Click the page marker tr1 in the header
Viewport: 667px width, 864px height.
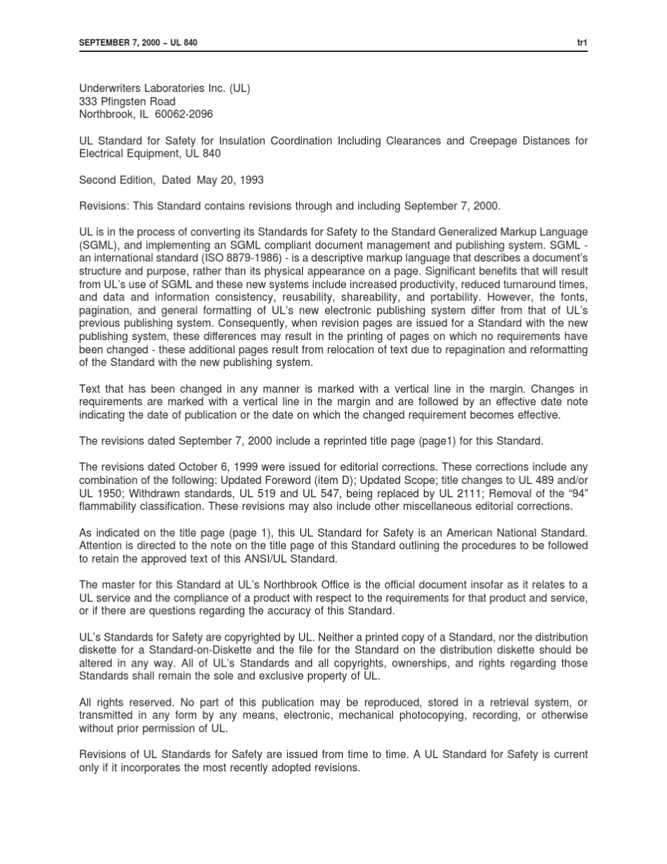click(x=582, y=43)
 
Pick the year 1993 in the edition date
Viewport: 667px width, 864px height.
click(x=251, y=180)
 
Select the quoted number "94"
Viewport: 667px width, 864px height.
click(x=576, y=493)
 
